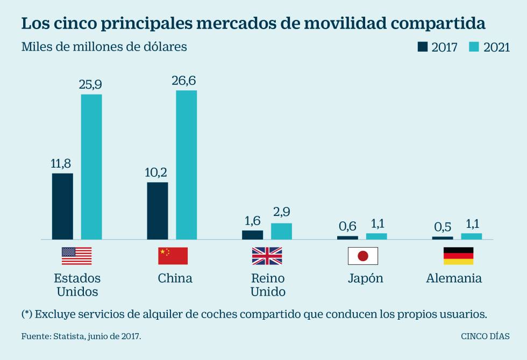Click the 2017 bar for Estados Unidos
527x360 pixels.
(62, 206)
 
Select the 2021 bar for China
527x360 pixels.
(186, 164)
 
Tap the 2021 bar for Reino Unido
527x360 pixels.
(281, 231)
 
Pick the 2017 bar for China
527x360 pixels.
(157, 211)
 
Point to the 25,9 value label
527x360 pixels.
(91, 84)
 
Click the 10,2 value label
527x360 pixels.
(156, 172)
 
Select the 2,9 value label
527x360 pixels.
(281, 213)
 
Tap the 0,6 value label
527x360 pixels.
(347, 226)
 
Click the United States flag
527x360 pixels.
(76, 256)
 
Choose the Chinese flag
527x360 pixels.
(173, 256)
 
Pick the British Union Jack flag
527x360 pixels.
(267, 256)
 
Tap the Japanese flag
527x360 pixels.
(363, 256)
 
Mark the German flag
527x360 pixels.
(458, 256)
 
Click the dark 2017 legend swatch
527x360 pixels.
(423, 47)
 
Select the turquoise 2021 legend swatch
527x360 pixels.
(474, 47)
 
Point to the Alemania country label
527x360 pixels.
(454, 278)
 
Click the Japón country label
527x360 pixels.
(366, 278)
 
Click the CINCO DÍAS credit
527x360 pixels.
(486, 336)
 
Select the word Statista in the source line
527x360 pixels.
(68, 336)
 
